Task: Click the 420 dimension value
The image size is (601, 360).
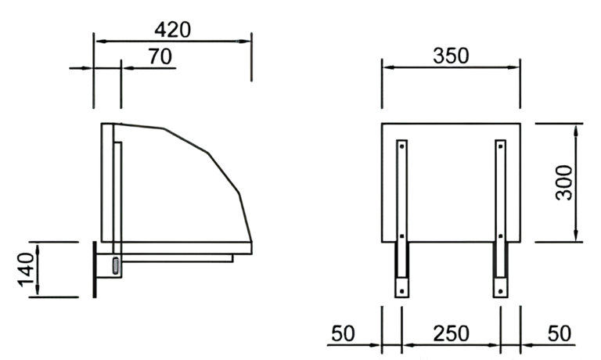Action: pos(172,30)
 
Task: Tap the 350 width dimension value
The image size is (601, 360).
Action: pos(451,56)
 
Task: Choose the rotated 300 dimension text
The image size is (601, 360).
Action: pos(565,182)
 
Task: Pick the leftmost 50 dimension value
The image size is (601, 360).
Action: pos(343,333)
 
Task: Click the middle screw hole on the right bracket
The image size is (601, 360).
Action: pos(500,234)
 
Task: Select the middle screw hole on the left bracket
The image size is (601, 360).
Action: pos(401,234)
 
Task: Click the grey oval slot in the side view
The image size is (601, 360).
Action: pos(117,265)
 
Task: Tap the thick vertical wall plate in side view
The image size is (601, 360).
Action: pos(95,269)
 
